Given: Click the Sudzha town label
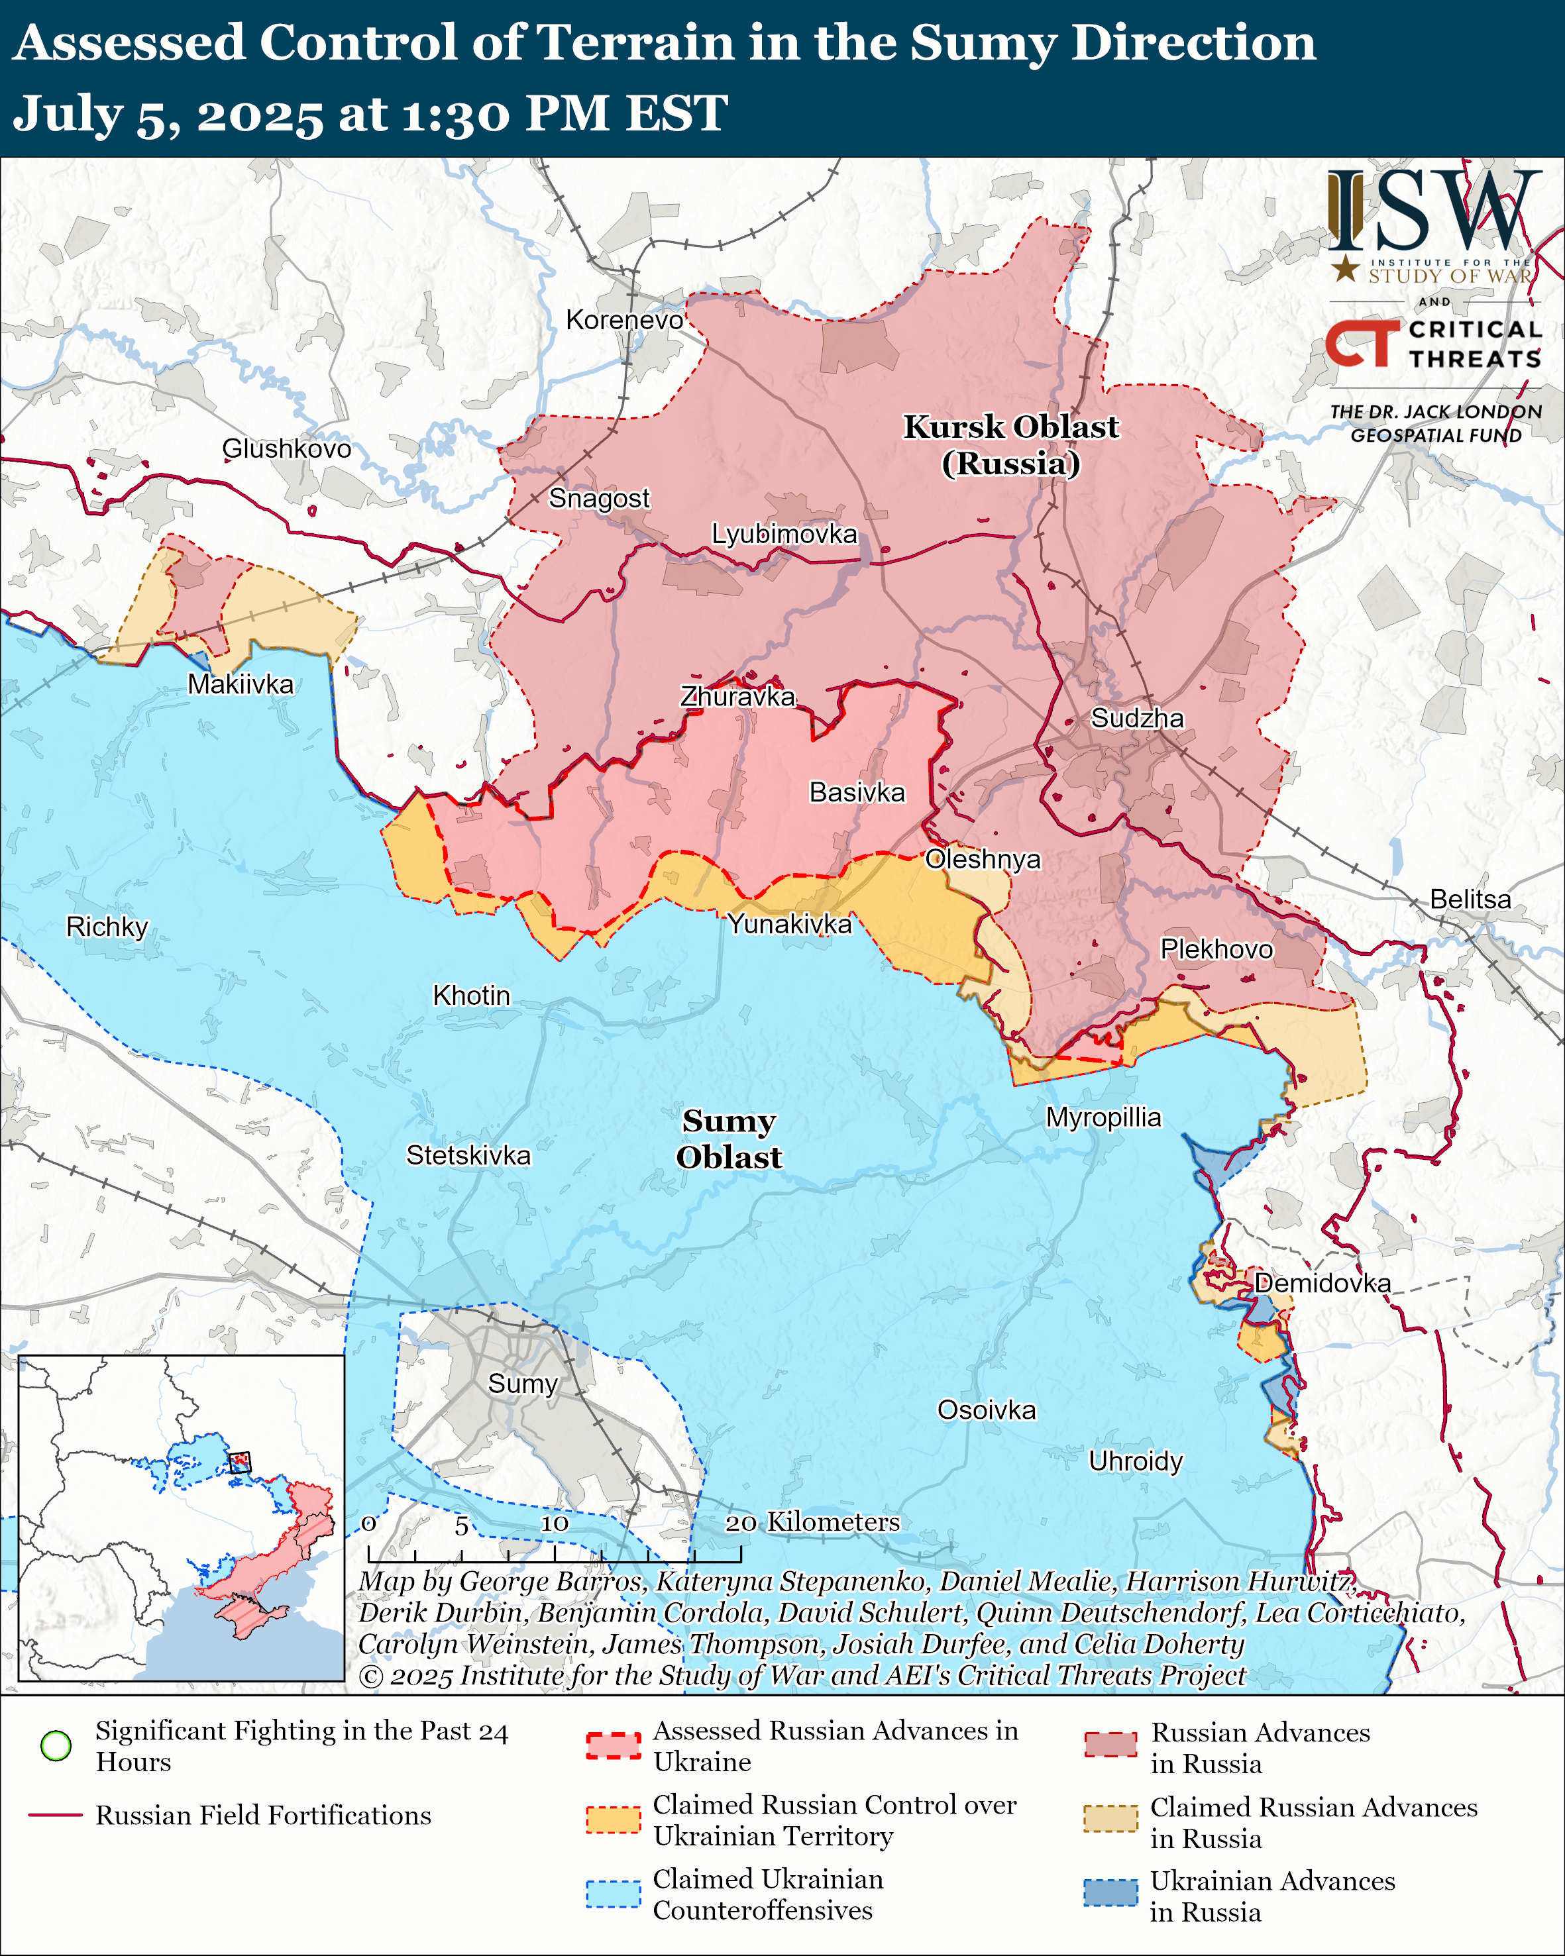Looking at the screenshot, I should point(1137,719).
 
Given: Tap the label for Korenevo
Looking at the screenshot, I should point(624,320).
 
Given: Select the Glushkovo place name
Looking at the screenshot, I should point(287,448).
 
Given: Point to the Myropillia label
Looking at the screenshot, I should point(1103,1117).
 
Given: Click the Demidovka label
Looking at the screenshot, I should point(1322,1283).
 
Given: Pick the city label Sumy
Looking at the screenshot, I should point(523,1384).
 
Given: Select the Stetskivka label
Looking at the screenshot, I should point(468,1155).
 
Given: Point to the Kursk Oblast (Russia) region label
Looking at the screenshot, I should point(1010,444).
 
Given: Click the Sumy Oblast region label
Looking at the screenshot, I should point(729,1139).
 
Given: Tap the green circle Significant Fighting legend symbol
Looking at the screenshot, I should point(56,1745).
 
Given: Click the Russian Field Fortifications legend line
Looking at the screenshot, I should point(56,1816).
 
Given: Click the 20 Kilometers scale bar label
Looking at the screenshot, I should point(812,1521).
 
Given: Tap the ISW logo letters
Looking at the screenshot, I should point(1433,211).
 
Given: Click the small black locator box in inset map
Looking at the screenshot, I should point(239,1463).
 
